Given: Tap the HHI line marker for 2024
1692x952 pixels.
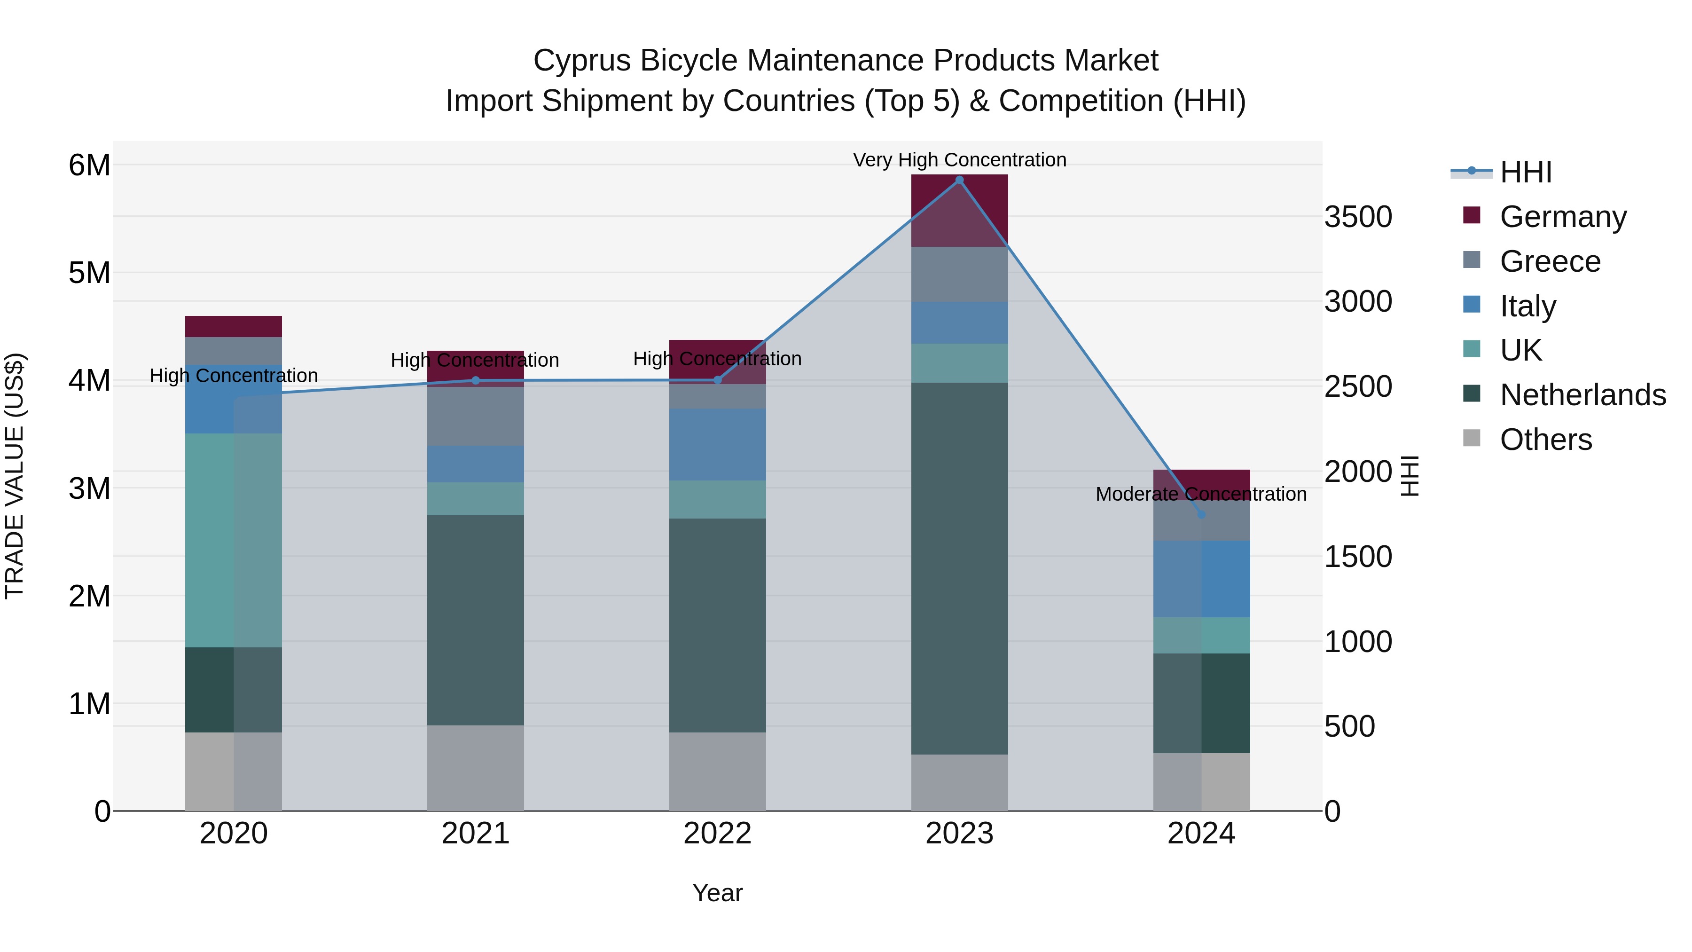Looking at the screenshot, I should coord(1201,514).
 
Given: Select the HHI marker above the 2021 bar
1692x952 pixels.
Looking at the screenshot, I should coord(476,380).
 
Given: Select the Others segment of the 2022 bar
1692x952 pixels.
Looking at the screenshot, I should coord(717,771).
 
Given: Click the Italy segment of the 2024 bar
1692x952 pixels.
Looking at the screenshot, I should coord(1201,579).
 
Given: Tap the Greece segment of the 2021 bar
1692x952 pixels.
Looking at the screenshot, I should coord(476,417).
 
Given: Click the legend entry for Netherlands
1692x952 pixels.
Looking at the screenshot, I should coord(1582,395).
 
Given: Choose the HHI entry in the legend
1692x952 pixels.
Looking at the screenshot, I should coord(1525,172).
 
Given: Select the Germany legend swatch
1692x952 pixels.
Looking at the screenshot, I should coord(1472,215).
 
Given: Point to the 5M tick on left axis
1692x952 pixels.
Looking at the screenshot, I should coord(89,273).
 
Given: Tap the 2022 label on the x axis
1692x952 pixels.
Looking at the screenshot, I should coord(717,834).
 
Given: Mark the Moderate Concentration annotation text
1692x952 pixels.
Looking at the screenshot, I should coord(1201,494).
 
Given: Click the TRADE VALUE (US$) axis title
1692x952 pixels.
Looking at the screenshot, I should coord(15,476).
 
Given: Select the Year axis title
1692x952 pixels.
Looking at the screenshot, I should coord(717,893).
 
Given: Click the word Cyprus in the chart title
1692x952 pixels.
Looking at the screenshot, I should coord(580,61).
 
